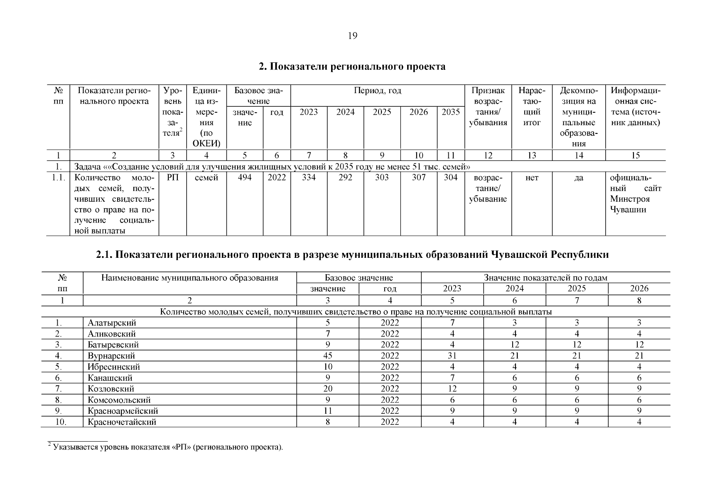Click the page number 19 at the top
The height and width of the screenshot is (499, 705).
[352, 36]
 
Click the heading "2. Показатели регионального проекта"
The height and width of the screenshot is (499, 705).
[352, 67]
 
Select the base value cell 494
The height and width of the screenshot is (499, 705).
[244, 178]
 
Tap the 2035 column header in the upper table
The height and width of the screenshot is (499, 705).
[450, 112]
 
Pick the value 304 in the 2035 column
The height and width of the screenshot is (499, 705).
[450, 178]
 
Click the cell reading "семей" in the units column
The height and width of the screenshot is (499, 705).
[206, 178]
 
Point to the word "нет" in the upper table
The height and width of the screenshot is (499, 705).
[531, 178]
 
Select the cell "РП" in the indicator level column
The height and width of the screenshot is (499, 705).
[172, 178]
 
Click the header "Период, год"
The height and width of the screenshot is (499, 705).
[377, 91]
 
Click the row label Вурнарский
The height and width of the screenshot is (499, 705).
[111, 356]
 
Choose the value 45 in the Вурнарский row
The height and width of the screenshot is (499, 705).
[327, 356]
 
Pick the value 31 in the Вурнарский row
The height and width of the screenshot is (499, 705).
[452, 356]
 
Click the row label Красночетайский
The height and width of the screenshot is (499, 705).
[122, 422]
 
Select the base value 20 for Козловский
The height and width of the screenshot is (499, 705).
[327, 389]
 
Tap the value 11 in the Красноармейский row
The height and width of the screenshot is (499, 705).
[327, 411]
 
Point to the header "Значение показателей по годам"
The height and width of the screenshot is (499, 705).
[545, 278]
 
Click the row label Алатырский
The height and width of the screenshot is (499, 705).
[112, 323]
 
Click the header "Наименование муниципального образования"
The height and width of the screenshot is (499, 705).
[189, 278]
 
